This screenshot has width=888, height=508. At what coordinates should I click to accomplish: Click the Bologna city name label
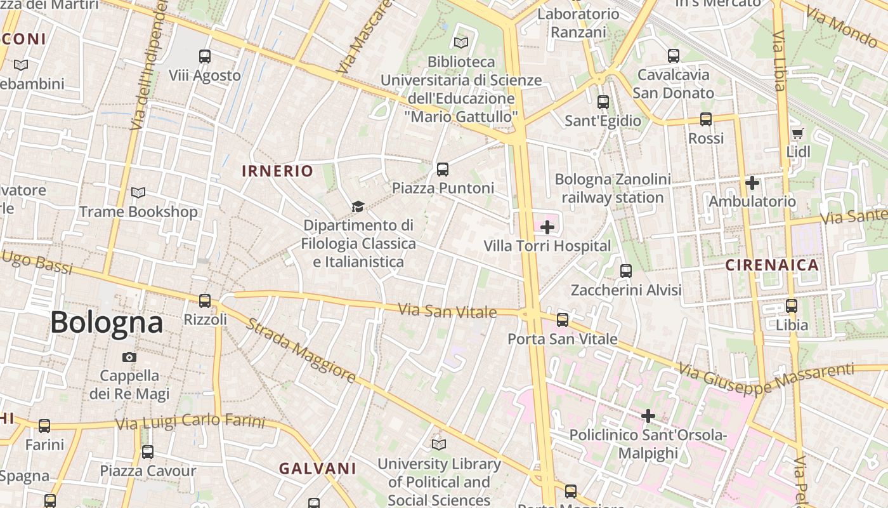tap(107, 323)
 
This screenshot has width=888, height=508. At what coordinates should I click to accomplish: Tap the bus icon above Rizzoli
tap(205, 301)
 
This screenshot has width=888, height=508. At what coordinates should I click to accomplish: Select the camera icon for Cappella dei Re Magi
tap(129, 358)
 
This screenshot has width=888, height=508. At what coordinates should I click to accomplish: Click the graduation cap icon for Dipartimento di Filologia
tap(358, 207)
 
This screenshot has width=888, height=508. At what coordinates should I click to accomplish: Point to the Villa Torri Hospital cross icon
tap(547, 227)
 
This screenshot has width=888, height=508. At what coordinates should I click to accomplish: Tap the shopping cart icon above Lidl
tap(797, 134)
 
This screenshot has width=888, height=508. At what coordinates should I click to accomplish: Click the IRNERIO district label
tap(278, 171)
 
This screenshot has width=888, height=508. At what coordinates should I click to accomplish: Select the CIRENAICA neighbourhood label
tap(772, 265)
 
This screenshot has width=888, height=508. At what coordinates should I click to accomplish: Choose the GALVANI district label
tap(318, 469)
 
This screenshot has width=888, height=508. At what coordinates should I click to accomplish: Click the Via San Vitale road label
tap(447, 311)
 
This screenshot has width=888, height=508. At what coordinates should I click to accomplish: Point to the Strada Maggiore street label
tap(301, 351)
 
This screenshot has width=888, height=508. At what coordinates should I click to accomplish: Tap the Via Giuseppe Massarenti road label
tap(766, 378)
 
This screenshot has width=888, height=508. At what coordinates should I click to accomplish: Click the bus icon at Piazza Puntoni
tap(443, 170)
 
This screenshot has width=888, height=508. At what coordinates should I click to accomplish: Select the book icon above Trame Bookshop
tap(138, 192)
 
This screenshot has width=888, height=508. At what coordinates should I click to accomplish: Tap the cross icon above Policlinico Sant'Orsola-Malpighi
tap(648, 417)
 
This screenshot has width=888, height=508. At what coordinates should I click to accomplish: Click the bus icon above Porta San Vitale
tap(563, 320)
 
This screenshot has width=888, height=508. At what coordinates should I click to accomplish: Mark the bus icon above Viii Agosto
tap(205, 57)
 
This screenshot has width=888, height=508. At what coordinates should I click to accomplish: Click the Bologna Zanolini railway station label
tap(612, 189)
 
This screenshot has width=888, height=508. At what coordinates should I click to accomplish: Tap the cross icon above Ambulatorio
tap(752, 183)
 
